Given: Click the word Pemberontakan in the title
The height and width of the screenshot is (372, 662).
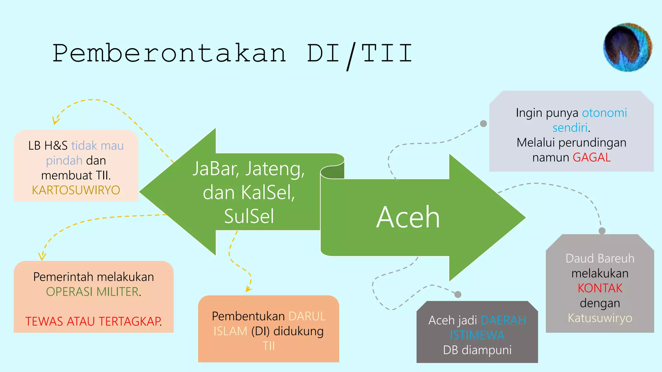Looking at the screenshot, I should [169, 53].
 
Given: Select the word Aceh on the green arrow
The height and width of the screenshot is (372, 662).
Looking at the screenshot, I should [408, 217].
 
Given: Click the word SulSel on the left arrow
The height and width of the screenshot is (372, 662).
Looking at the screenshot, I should [249, 216].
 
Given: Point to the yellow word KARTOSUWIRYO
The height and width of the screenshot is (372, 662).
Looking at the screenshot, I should [76, 190].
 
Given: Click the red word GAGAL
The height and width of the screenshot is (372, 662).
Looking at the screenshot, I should [592, 158].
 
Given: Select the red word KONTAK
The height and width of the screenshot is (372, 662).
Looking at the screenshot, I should [600, 288].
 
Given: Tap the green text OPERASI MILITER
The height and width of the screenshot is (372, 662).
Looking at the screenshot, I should [93, 292].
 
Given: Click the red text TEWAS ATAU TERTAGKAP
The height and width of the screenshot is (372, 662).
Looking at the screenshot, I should [93, 322].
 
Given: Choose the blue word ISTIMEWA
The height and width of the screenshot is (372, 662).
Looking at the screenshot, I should [477, 335].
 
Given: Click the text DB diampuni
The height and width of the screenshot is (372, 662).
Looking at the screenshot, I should [477, 350].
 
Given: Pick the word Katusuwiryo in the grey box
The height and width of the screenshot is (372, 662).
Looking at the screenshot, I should [600, 318].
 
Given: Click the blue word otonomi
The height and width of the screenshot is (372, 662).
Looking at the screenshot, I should [604, 113].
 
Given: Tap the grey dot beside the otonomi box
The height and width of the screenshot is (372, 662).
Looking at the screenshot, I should [484, 124].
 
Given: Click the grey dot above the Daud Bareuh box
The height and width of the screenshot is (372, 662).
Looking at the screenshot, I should [602, 231].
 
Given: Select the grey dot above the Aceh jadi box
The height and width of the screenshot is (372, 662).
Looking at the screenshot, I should [458, 294].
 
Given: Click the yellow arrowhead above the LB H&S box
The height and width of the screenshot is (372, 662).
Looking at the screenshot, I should [55, 121].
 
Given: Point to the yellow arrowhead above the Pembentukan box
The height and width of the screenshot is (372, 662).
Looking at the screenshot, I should [248, 289].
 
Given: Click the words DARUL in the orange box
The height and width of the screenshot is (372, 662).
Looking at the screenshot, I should [307, 316].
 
